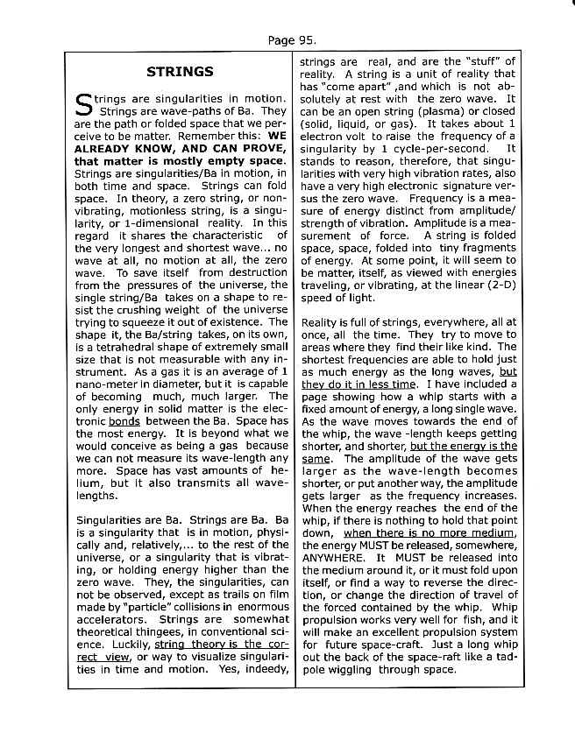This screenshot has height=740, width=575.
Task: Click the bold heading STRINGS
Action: point(180,71)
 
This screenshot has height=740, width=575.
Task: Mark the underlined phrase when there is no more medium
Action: point(417,532)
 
